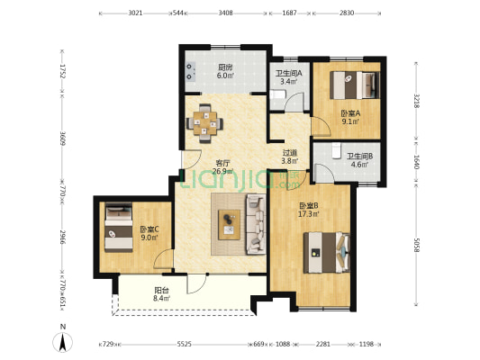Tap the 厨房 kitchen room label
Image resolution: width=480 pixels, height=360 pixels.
225,67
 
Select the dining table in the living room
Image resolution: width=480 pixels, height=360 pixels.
204,123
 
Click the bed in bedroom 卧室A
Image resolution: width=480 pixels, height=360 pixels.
355,85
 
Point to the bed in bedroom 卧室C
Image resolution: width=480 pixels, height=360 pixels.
119,228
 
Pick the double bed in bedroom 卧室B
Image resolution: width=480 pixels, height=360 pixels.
327,253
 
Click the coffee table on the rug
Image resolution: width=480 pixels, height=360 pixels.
229,225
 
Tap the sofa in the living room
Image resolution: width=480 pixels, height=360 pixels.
257,224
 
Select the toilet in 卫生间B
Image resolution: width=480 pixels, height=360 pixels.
337,150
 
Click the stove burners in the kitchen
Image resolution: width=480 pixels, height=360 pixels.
191,71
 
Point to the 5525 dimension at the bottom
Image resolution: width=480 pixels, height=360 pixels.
185,344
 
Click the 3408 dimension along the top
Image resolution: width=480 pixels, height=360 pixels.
226,13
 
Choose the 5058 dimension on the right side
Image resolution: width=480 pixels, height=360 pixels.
416,246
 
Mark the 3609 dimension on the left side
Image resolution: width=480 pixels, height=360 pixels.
62,139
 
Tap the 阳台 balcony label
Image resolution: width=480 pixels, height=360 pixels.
161,290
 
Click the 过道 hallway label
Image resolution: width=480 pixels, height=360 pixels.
290,153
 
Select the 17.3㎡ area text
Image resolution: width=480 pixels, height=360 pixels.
309,214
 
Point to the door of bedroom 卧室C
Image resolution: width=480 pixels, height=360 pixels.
164,259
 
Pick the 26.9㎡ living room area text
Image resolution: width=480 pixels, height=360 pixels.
223,171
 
